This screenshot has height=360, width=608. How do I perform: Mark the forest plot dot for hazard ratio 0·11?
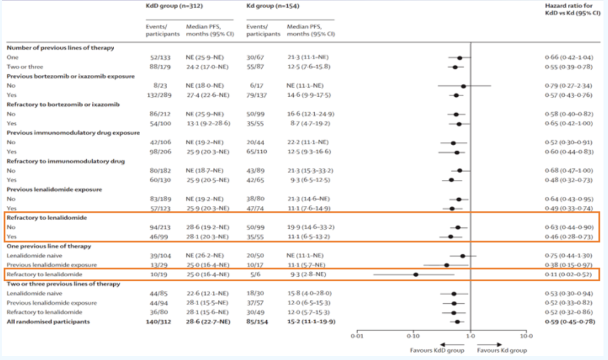click(x=415, y=274)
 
